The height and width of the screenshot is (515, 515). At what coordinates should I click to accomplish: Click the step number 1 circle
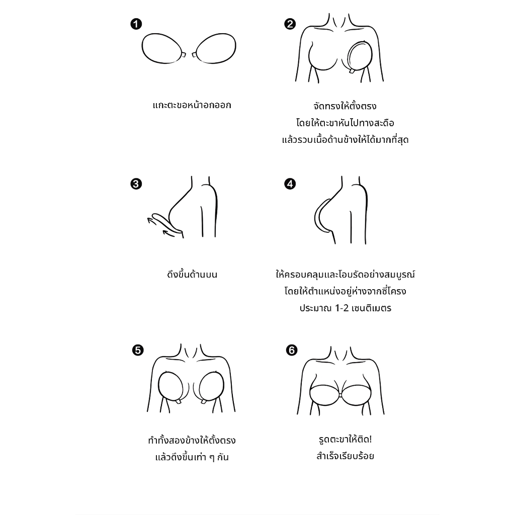click(136, 24)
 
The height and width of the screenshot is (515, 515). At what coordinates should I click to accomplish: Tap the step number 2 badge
click(290, 24)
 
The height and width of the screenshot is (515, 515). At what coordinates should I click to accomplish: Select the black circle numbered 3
click(136, 184)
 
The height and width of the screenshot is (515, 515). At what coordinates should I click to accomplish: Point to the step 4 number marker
click(290, 184)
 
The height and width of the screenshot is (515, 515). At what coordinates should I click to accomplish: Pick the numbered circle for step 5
click(138, 350)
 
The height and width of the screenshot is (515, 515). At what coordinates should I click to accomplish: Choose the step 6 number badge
click(291, 350)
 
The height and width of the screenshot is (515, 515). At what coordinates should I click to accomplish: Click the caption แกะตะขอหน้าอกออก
click(192, 105)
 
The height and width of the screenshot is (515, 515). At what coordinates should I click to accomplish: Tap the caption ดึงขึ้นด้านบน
click(192, 274)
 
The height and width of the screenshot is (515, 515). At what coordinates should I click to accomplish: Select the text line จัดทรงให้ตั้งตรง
click(345, 106)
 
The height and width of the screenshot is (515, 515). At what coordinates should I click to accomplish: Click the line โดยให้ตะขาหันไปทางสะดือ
click(345, 123)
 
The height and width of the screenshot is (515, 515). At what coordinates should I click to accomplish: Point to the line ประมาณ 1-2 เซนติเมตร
click(345, 308)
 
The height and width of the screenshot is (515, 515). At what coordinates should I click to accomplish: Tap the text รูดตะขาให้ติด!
click(345, 439)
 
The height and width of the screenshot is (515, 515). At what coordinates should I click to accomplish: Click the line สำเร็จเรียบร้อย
click(345, 456)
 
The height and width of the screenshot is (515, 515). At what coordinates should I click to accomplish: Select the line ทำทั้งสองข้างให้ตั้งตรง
click(192, 440)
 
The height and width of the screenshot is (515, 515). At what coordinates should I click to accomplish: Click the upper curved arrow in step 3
click(152, 219)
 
